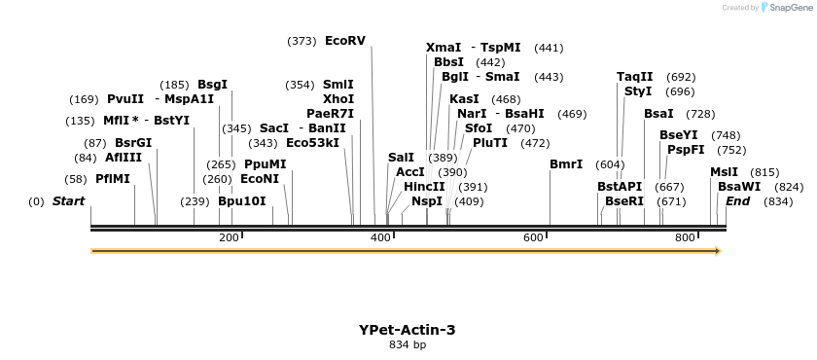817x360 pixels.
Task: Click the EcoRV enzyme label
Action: click(345, 41)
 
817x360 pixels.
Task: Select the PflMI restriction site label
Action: click(113, 179)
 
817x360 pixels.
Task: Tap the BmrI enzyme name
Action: click(566, 164)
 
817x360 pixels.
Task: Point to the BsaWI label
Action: click(739, 186)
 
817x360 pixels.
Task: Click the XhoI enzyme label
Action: click(338, 99)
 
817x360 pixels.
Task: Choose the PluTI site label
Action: click(490, 143)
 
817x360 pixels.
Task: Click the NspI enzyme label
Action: click(427, 201)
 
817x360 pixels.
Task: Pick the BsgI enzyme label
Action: click(212, 85)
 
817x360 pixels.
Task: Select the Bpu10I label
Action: click(242, 201)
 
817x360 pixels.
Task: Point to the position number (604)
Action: click(610, 164)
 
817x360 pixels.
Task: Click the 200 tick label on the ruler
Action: click(229, 237)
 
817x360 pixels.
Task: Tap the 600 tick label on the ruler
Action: click(533, 237)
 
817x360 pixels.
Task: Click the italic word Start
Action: click(68, 201)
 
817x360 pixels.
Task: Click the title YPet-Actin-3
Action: click(407, 330)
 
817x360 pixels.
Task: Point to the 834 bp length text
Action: click(407, 344)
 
